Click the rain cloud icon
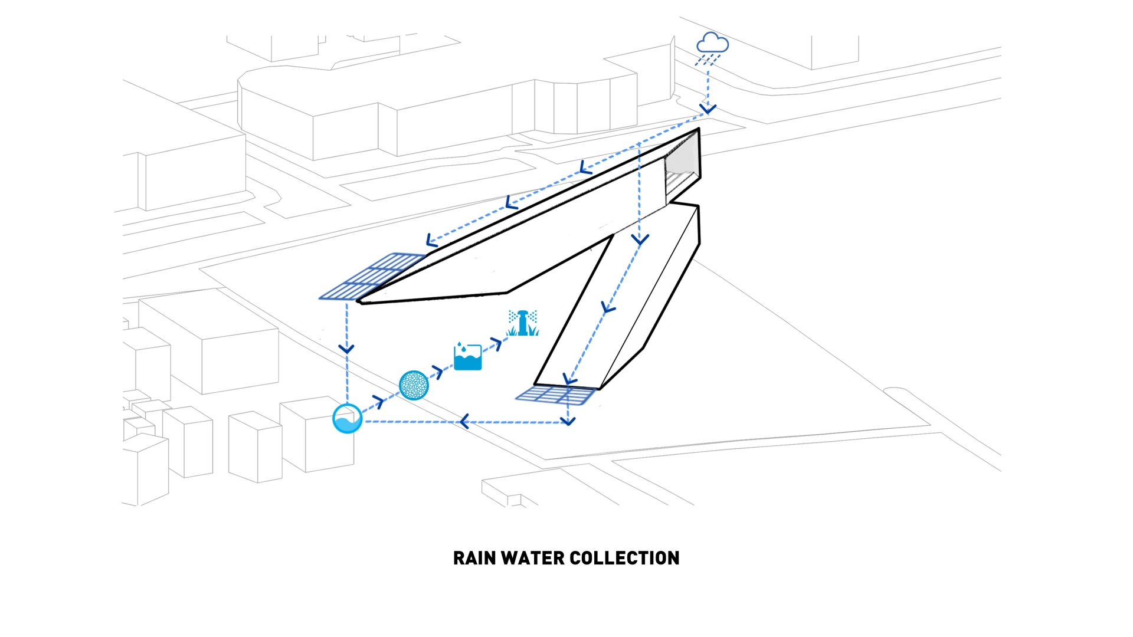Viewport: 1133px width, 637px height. pos(712,44)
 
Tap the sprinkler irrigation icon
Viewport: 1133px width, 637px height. pos(523,323)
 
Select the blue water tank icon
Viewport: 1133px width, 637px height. pos(467,356)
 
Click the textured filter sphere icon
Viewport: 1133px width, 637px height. pos(414,385)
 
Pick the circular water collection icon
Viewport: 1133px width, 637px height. pos(347,419)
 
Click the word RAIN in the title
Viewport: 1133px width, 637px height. pos(474,558)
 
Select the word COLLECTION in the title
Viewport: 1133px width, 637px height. pos(625,558)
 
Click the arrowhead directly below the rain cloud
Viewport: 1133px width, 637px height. pos(708,109)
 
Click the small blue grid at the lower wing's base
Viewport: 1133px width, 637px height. pos(555,395)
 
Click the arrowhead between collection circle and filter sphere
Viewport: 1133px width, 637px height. pos(378,403)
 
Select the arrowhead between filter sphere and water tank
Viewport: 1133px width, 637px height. pos(438,372)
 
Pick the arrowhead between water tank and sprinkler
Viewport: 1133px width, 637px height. pos(497,344)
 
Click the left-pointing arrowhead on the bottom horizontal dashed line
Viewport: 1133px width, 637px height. pos(464,422)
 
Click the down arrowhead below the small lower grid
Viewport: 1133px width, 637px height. pos(568,421)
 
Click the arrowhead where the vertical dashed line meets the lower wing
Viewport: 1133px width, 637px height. pos(640,239)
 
